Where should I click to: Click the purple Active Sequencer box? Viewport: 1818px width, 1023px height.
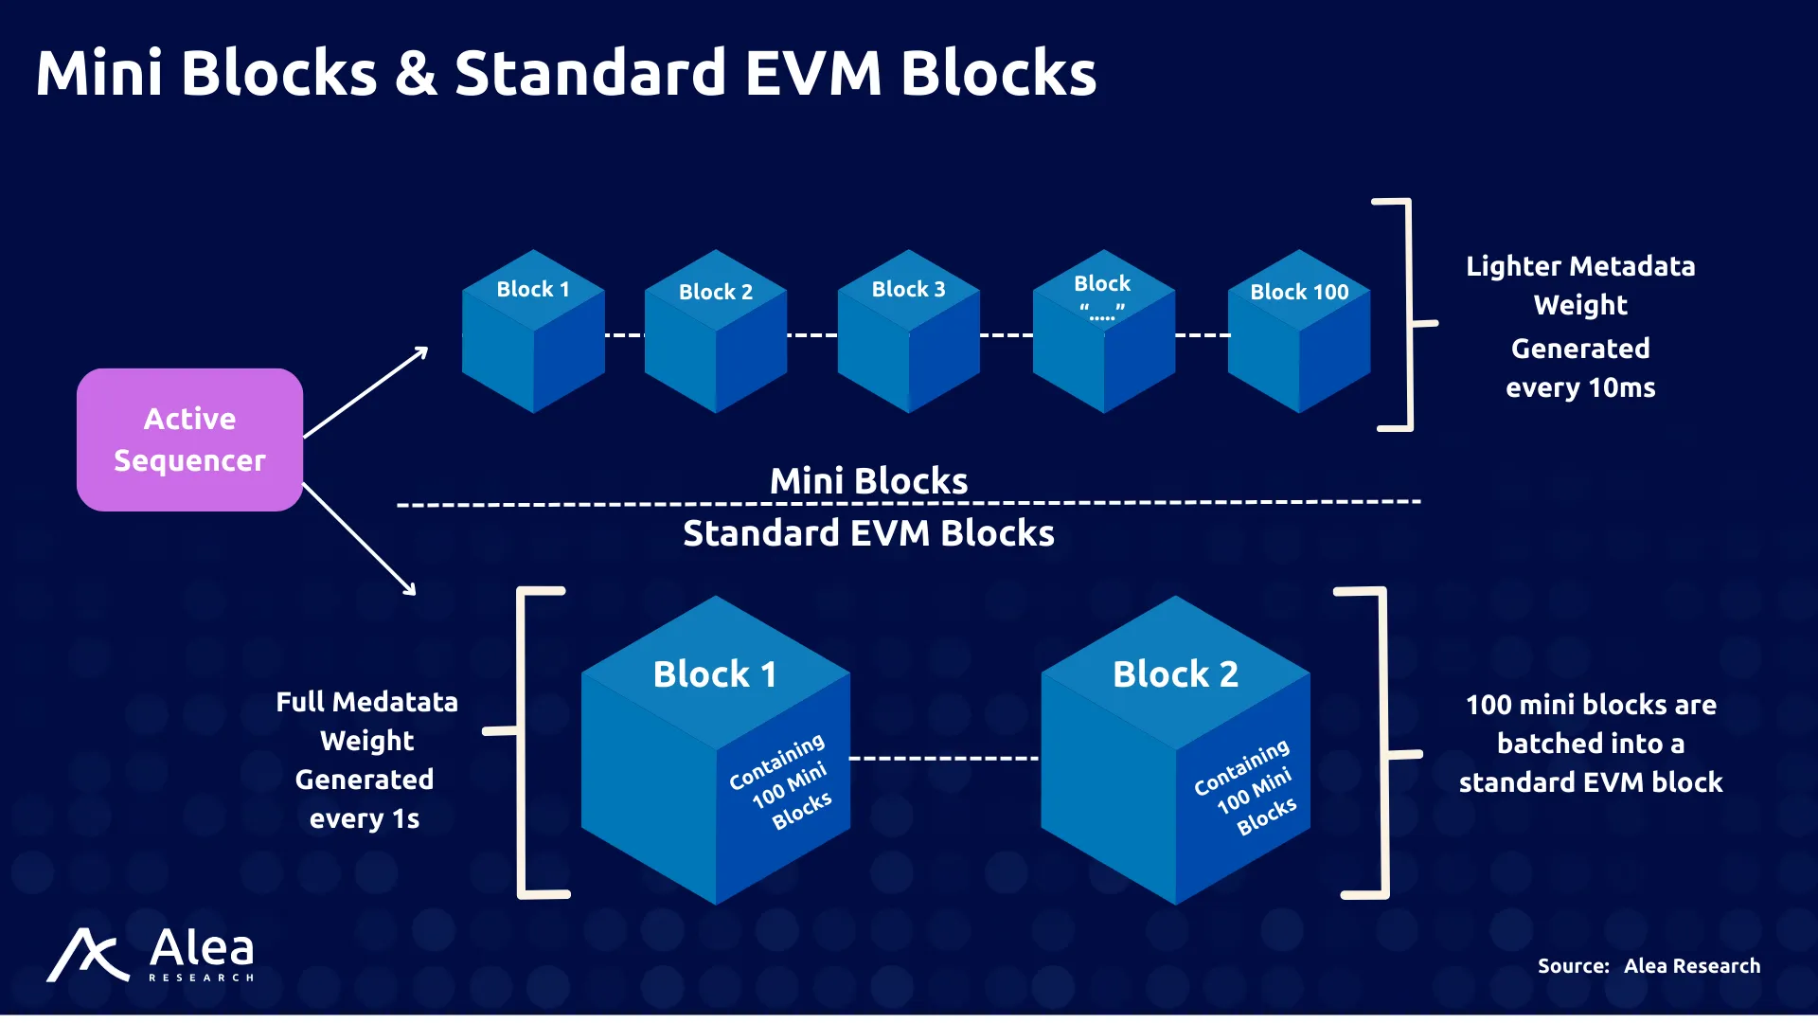pos(189,440)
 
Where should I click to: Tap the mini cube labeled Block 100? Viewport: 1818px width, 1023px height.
pos(1299,332)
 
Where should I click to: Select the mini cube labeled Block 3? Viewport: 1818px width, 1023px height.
pos(909,332)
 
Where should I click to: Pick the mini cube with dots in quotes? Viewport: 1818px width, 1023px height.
pos(1104,332)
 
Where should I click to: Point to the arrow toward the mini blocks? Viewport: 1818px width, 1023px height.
pos(365,392)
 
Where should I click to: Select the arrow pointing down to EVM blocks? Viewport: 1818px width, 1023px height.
pos(360,540)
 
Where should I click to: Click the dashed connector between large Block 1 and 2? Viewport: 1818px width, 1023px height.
pos(944,759)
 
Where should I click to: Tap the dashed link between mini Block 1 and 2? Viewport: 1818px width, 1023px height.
pos(625,335)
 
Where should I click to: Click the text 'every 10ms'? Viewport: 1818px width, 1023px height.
pos(1580,388)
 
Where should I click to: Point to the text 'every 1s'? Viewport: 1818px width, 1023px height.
pos(365,819)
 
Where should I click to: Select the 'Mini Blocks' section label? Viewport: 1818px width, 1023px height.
pos(869,481)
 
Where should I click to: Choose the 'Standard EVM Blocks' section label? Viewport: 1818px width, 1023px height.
pos(869,533)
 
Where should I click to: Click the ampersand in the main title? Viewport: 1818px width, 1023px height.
pos(417,73)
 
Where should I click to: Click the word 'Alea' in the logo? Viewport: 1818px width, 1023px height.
pos(202,947)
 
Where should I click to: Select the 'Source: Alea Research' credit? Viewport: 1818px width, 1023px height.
pos(1649,966)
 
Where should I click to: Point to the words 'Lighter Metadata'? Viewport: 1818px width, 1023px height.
pos(1580,266)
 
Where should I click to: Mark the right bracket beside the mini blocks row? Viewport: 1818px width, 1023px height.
pos(1409,314)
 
